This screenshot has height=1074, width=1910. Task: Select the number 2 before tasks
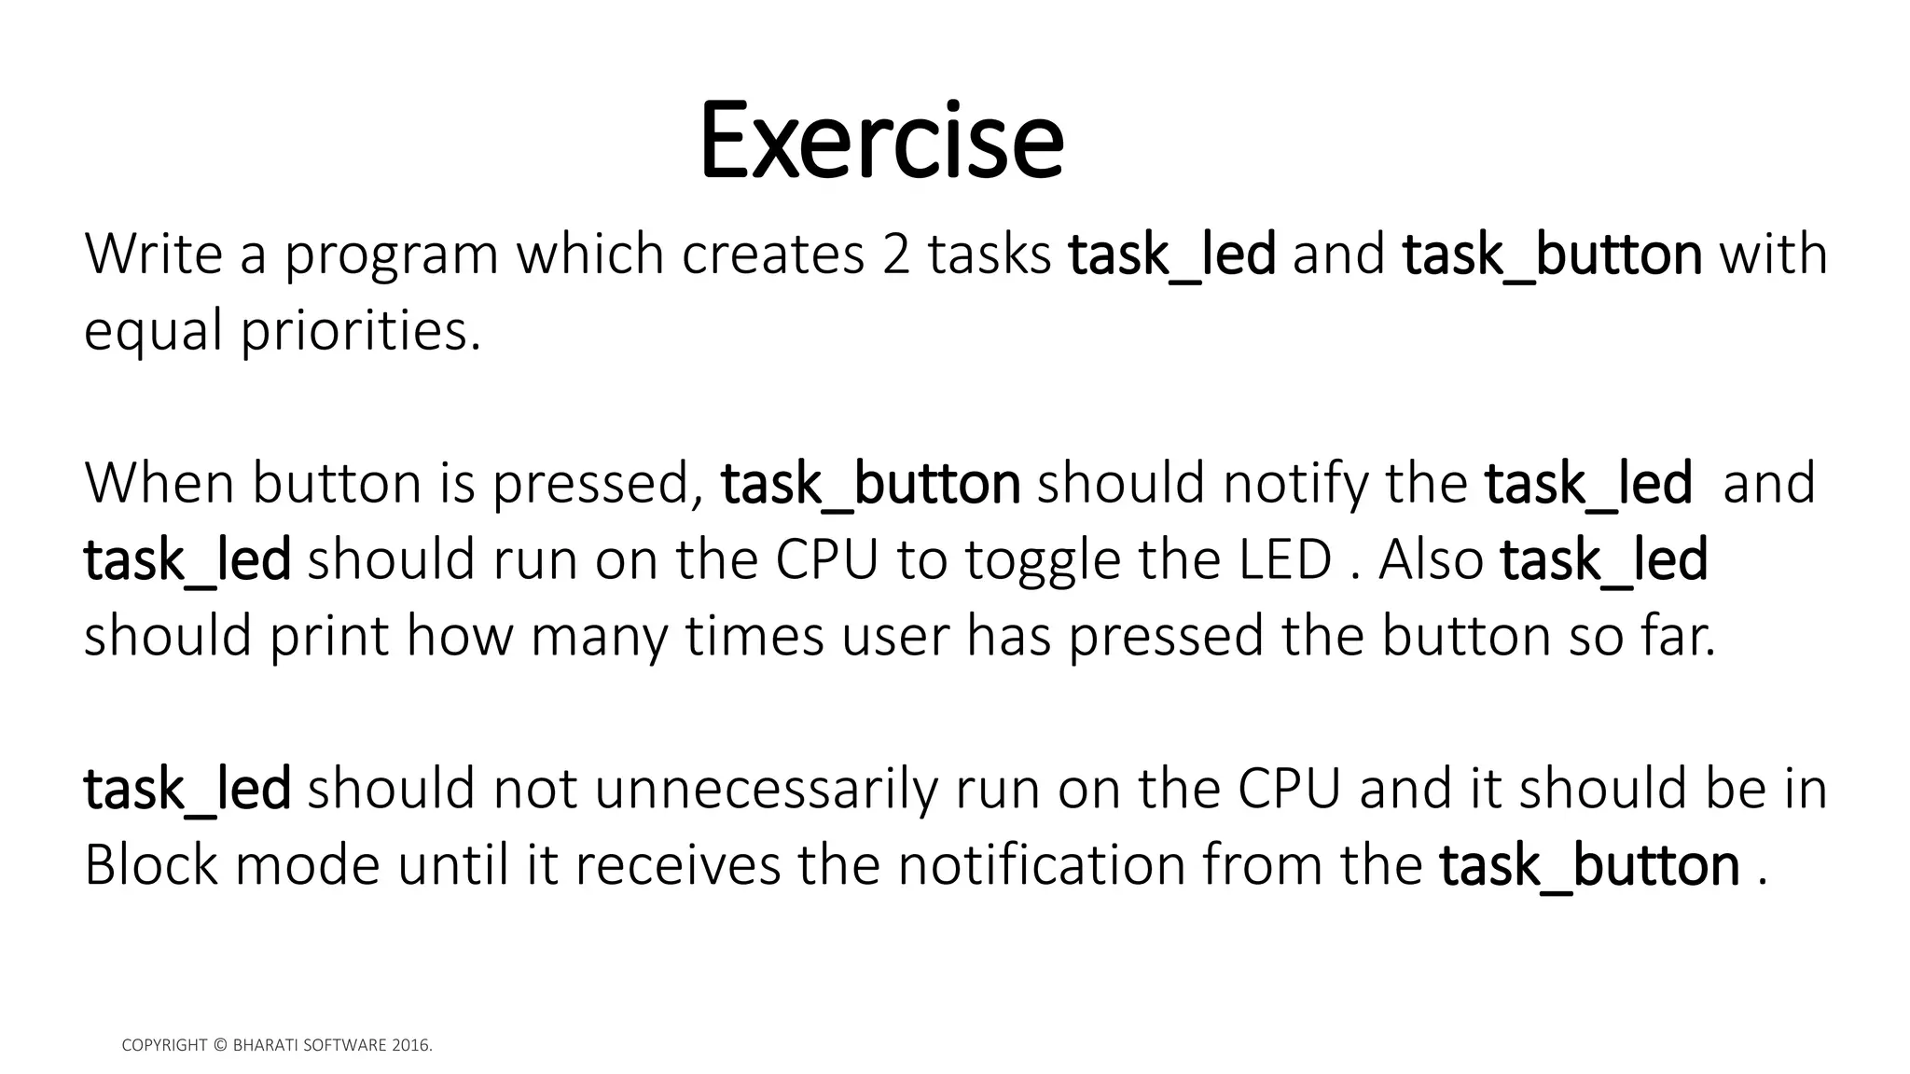pyautogui.click(x=894, y=254)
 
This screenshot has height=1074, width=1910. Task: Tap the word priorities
pyautogui.click(x=361, y=331)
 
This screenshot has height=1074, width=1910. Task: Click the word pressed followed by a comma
pyautogui.click(x=598, y=484)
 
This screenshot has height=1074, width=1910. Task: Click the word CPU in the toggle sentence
pyautogui.click(x=827, y=559)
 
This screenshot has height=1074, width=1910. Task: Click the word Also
pyautogui.click(x=1431, y=559)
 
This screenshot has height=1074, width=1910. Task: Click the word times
pyautogui.click(x=754, y=636)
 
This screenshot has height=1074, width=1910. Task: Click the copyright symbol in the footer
pyautogui.click(x=220, y=1045)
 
